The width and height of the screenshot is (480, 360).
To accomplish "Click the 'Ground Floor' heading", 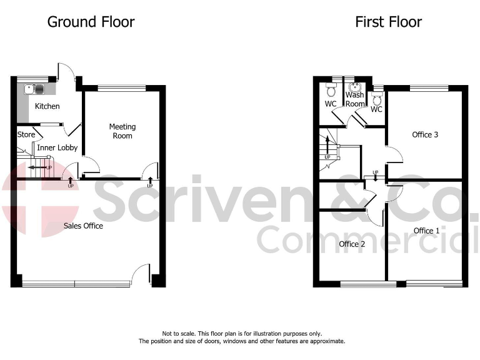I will (x=91, y=22).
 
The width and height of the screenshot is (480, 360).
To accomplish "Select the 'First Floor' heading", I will (x=388, y=22).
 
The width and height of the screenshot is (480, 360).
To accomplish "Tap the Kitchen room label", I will (x=47, y=106).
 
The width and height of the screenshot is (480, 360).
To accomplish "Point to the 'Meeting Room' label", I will (x=122, y=131).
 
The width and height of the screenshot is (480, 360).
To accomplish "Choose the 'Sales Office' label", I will (x=83, y=226).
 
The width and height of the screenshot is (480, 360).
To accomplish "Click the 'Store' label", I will (x=26, y=134).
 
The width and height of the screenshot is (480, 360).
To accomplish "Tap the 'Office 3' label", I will (x=425, y=134).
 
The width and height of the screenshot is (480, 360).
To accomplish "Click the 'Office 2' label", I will (x=352, y=244).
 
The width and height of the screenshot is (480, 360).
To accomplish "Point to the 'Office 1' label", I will (x=426, y=231).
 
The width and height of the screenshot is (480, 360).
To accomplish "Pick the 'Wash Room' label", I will (x=355, y=99).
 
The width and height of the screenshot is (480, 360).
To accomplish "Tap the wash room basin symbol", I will (x=355, y=87).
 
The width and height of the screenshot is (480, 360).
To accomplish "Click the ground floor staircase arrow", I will (x=41, y=167).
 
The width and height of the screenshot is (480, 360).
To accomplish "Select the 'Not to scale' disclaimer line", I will (x=242, y=334).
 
